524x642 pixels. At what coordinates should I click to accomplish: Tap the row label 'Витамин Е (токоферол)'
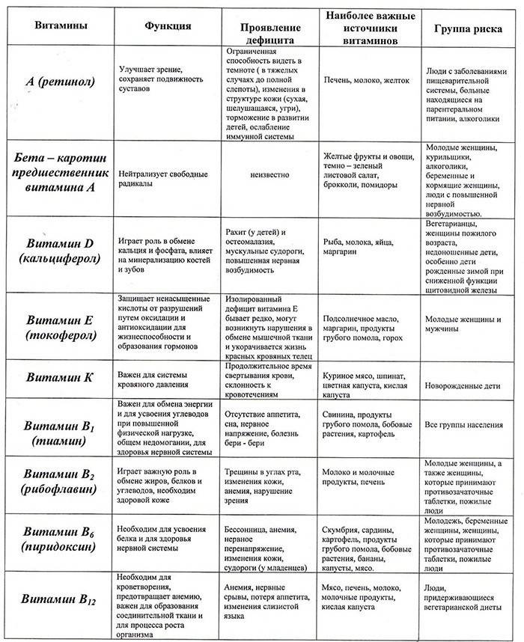point(59,327)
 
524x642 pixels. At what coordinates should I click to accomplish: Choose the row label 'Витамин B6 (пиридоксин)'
point(59,540)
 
